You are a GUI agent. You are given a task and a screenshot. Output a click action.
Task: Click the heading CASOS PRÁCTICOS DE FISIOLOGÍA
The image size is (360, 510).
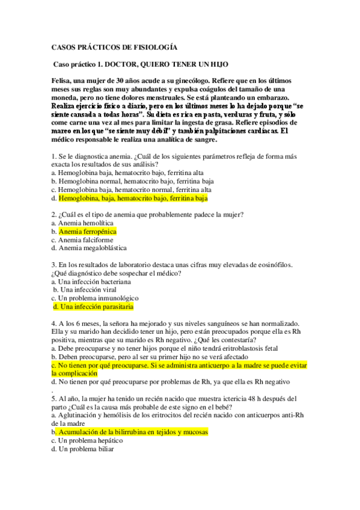pos(114,46)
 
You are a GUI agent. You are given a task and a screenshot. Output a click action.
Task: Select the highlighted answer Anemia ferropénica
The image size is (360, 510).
pos(87,231)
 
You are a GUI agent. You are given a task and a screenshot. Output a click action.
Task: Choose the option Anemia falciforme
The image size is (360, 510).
pos(85,239)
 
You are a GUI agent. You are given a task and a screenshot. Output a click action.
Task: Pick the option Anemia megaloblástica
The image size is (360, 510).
pos(93,248)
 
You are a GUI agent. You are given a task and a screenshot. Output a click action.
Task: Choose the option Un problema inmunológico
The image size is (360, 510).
pos(99,298)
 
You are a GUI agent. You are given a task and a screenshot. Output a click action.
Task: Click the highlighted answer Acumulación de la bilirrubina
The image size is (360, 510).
pos(132,432)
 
